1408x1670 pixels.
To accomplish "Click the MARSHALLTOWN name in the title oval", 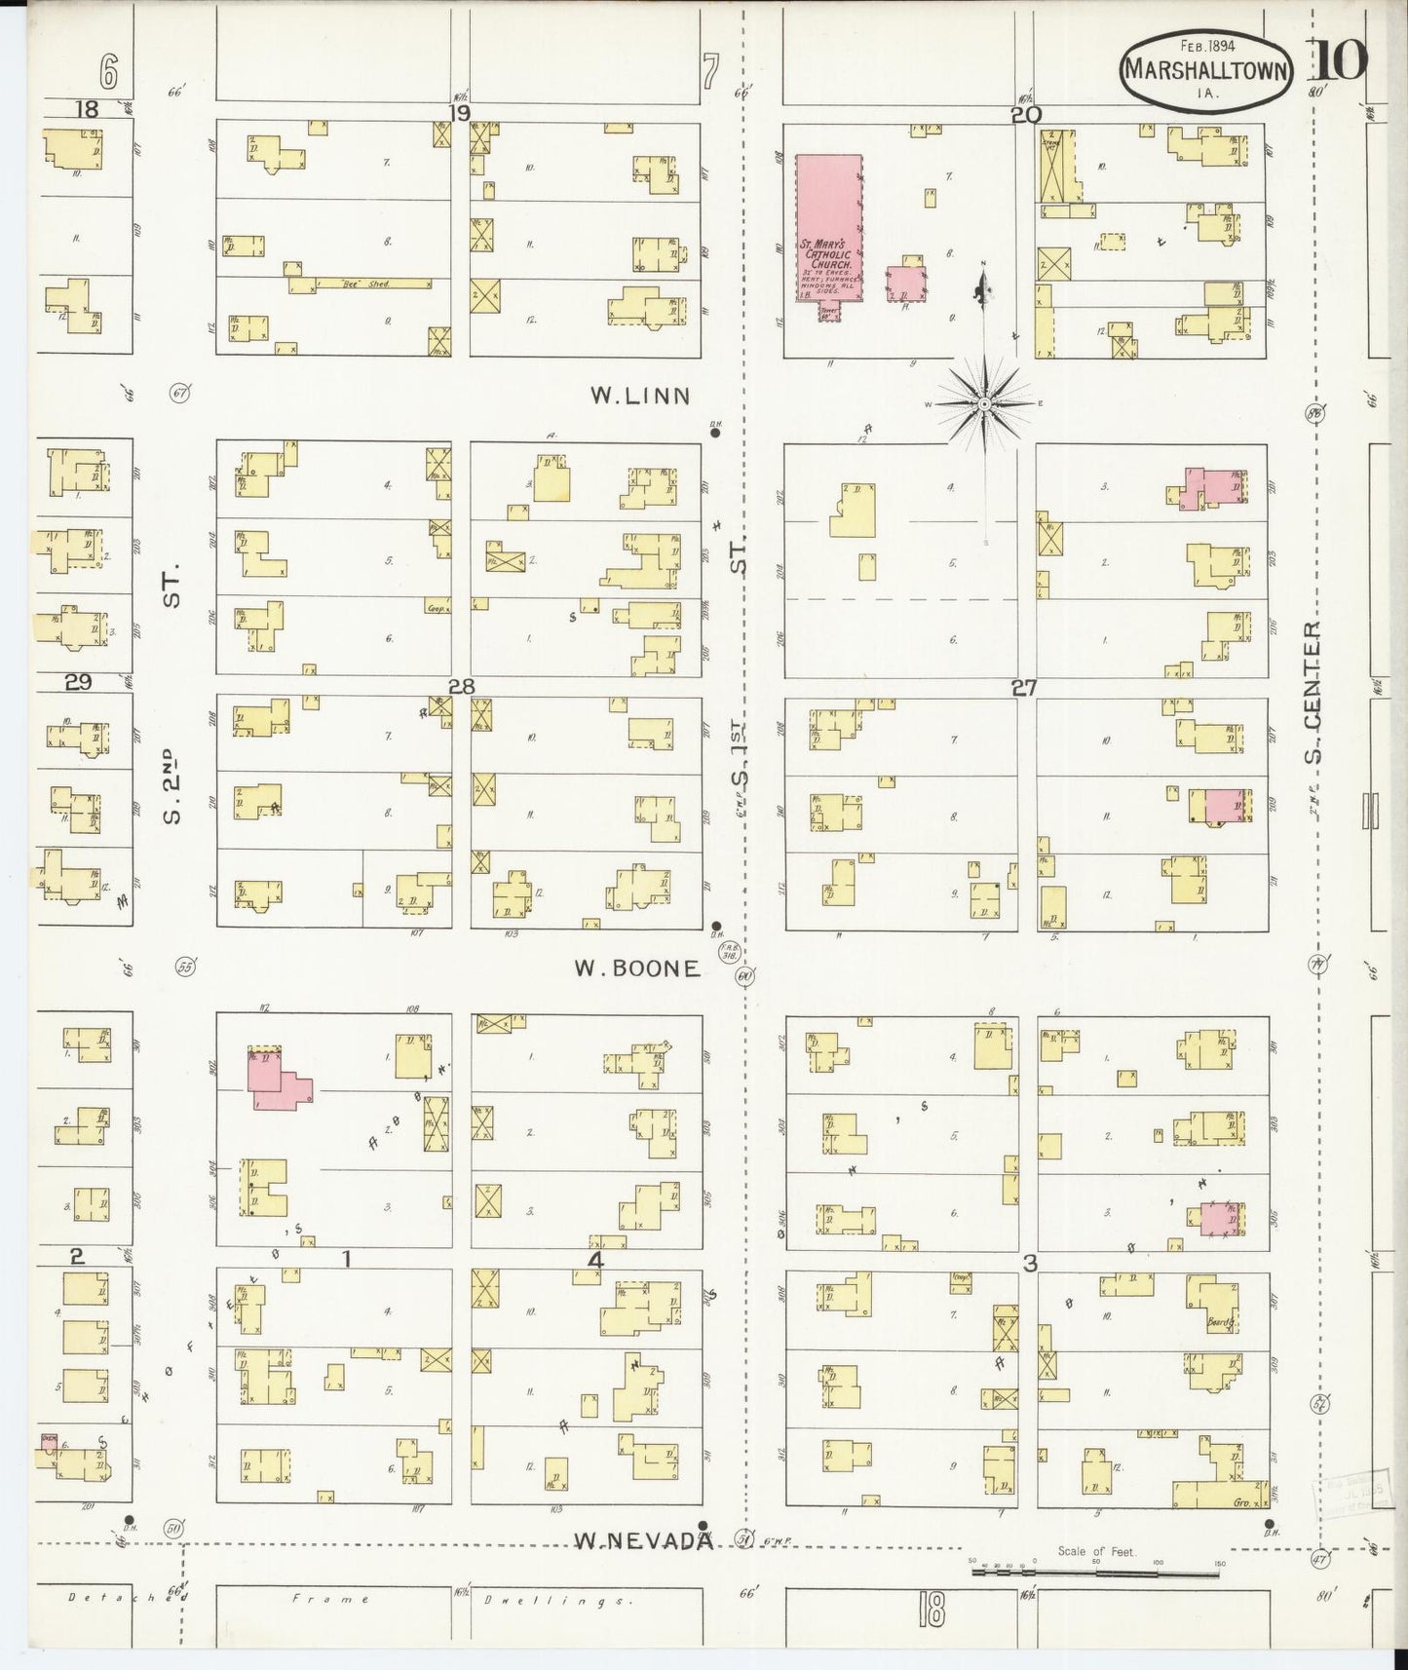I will [1207, 69].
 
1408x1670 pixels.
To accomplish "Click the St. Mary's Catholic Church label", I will [826, 258].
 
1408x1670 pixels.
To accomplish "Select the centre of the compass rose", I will [985, 402].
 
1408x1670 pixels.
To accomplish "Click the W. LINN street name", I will [640, 396].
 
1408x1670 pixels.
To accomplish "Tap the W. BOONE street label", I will [636, 968].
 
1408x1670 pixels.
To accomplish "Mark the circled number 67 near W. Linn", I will [178, 394].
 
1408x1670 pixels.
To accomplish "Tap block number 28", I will [461, 687].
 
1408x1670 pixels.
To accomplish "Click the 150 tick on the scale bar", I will [1220, 1562].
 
